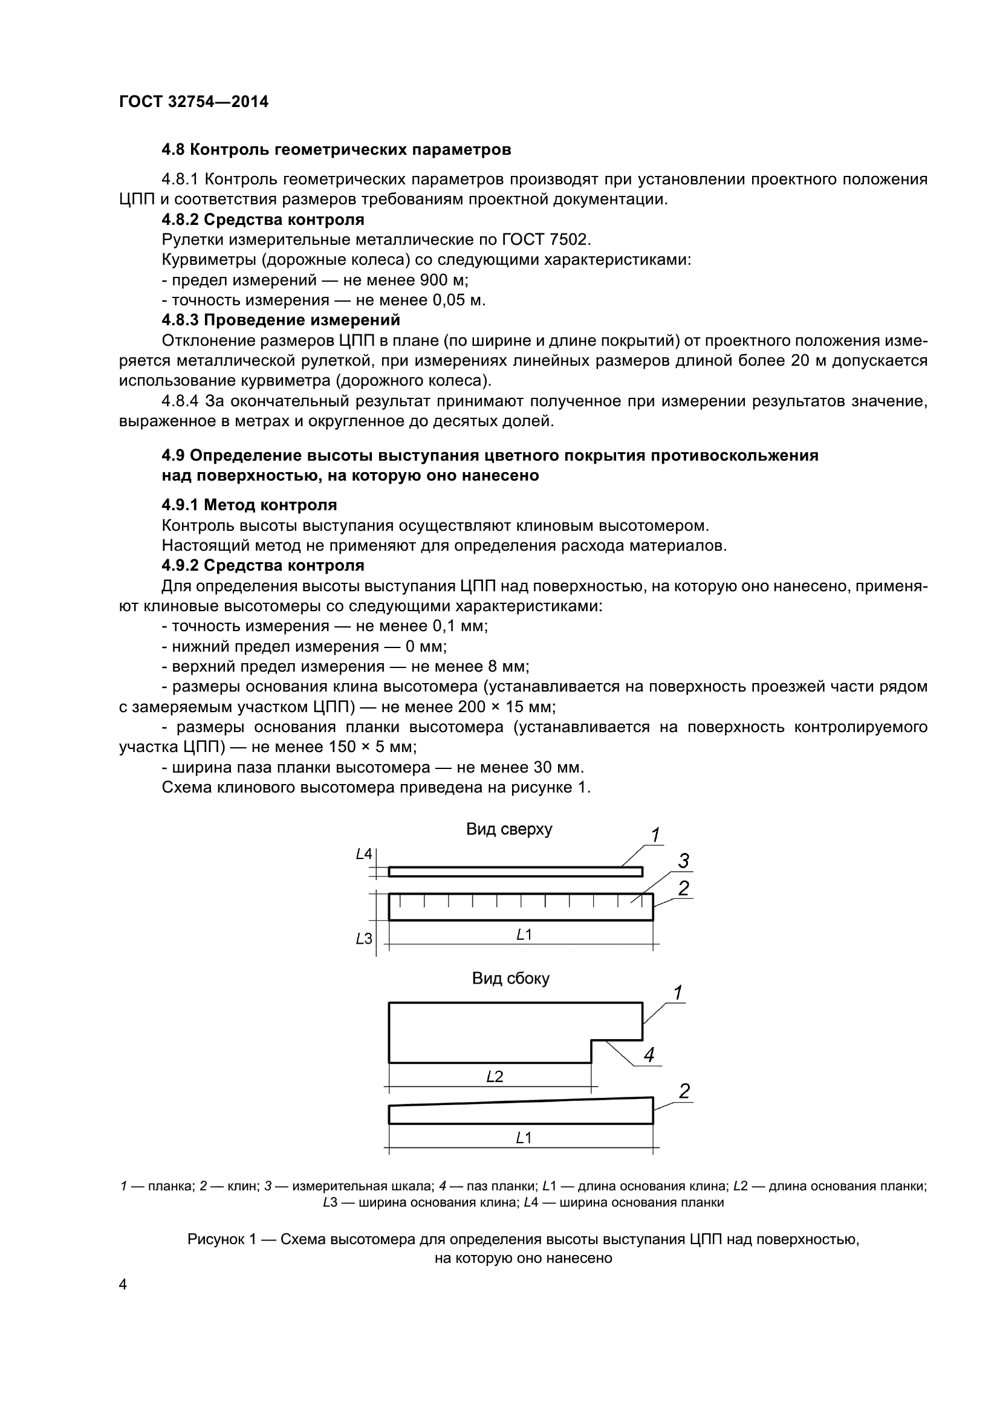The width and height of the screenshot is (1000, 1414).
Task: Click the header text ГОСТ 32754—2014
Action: pyautogui.click(x=193, y=102)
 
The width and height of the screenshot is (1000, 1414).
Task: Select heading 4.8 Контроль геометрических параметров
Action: pyautogui.click(x=336, y=150)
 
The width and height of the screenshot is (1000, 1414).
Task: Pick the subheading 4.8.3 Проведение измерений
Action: pyautogui.click(x=281, y=320)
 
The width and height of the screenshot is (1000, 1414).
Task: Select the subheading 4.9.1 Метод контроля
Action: pyautogui.click(x=249, y=505)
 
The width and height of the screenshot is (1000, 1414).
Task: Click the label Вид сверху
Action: pyautogui.click(x=508, y=829)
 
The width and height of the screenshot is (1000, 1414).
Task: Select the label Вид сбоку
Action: pyautogui.click(x=510, y=979)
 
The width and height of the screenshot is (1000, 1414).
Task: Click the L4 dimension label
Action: pyautogui.click(x=364, y=854)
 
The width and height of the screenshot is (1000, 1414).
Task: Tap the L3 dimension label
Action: pyautogui.click(x=364, y=939)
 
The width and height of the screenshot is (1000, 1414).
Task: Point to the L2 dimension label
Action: pyautogui.click(x=495, y=1077)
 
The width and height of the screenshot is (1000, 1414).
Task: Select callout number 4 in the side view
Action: pyautogui.click(x=649, y=1056)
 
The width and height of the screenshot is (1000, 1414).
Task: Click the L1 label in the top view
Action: pyautogui.click(x=524, y=935)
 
